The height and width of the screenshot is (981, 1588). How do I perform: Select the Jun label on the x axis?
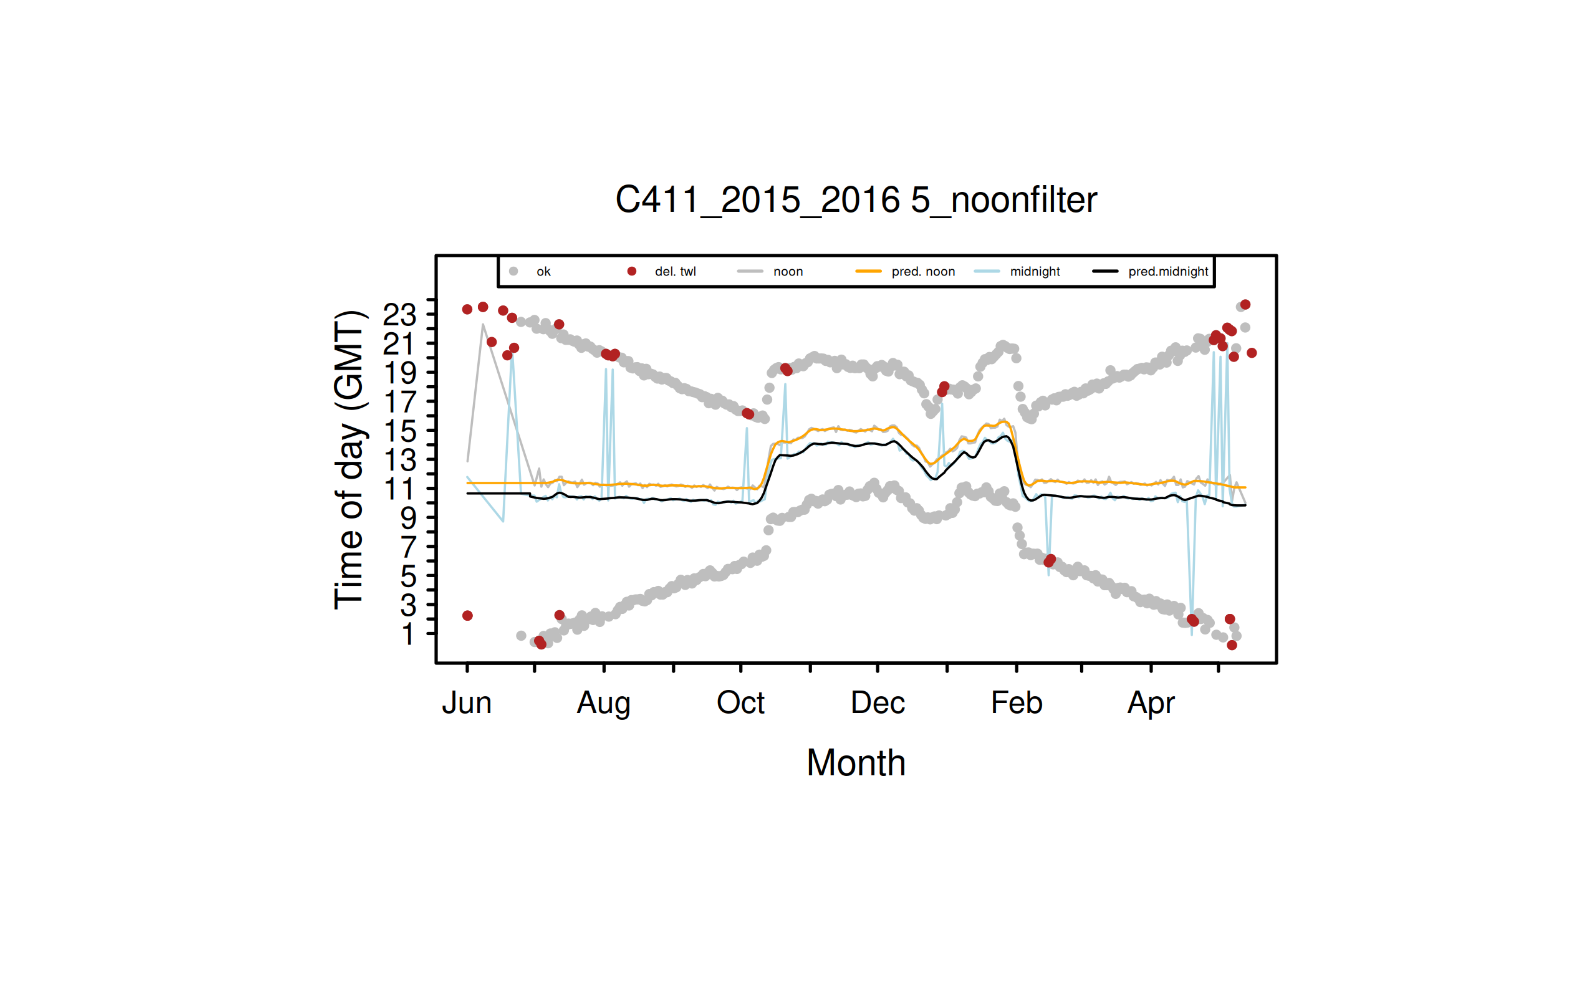click(467, 703)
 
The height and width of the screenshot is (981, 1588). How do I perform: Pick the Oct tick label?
click(740, 703)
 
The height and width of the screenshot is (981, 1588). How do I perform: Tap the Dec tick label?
click(877, 703)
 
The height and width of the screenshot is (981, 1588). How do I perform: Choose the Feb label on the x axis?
click(1016, 703)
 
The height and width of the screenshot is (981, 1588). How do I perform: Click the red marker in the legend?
click(631, 271)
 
